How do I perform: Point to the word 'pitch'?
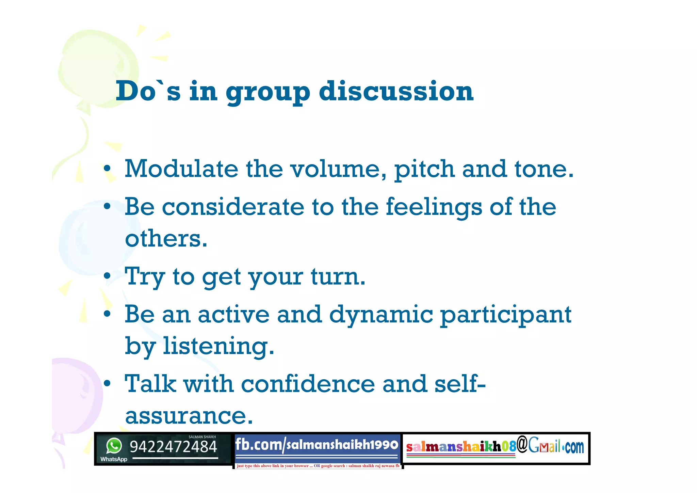point(424,169)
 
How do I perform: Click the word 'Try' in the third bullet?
point(145,277)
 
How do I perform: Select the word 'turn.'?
point(338,276)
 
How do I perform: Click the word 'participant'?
point(506,315)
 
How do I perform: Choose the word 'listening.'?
point(218,346)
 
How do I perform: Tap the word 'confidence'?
point(308,384)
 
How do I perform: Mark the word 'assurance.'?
point(189,415)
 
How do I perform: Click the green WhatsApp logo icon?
point(114,446)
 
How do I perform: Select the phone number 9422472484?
point(173,447)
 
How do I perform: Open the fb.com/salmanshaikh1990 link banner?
point(317,445)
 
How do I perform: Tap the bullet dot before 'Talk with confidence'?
point(107,384)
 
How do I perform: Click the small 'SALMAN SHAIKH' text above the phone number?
point(202,437)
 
